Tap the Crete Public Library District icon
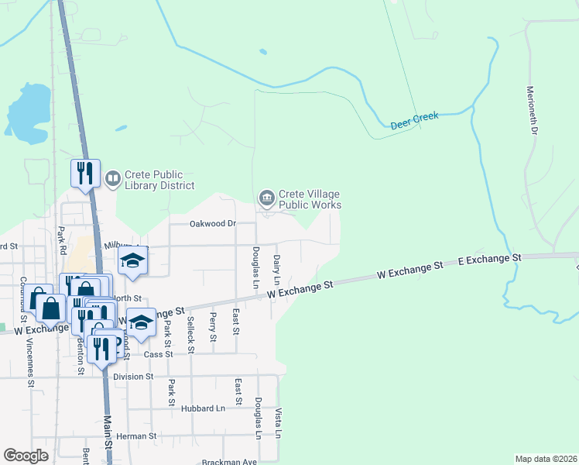coord(112,179)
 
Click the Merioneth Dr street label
coord(533,111)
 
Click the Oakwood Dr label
coord(213,224)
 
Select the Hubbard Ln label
coord(204,408)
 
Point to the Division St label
coord(133,377)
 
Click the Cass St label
coord(158,353)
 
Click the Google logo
coord(26,456)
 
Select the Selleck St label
coord(191,337)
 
